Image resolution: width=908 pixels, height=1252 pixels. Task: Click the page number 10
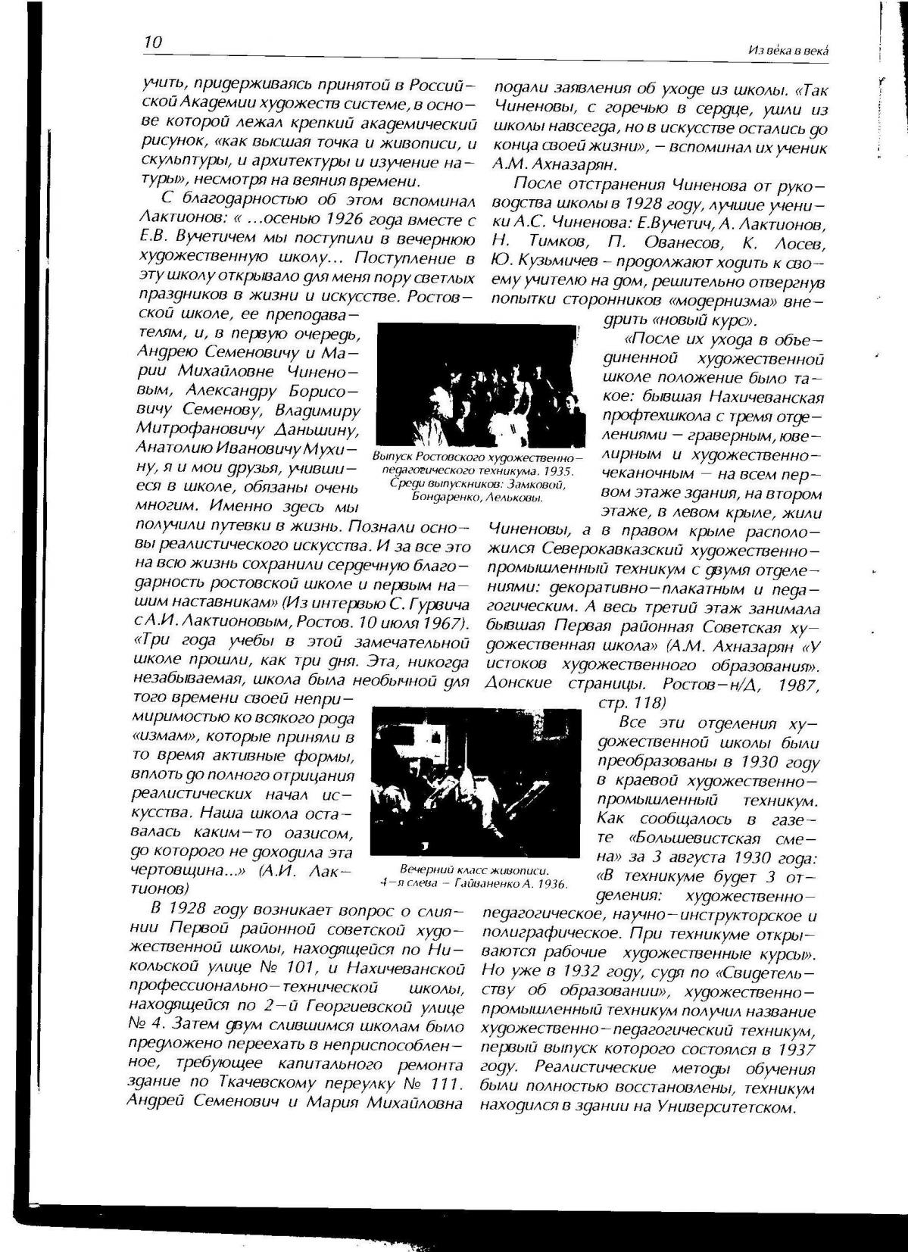click(152, 42)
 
